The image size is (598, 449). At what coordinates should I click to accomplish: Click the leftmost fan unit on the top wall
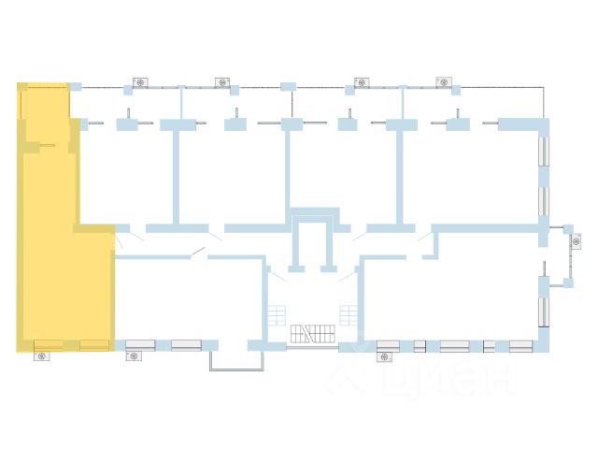coord(140,82)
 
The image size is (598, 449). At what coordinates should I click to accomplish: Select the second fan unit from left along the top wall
coord(221,82)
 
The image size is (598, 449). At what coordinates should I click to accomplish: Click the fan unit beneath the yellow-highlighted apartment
coord(42,355)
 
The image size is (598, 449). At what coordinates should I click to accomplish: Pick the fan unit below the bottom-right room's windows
coord(385,355)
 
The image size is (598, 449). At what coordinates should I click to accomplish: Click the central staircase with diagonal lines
coord(312,334)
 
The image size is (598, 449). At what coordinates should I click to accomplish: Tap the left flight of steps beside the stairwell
coord(276,314)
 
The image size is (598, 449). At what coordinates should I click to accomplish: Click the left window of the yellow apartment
coord(49,344)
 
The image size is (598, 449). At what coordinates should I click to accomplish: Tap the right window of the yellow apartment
coord(93,344)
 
